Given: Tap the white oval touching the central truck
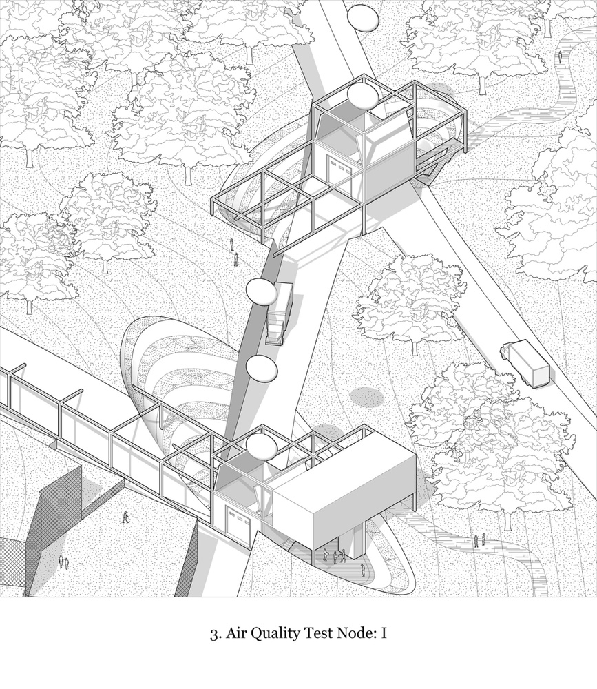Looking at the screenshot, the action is click(x=261, y=291).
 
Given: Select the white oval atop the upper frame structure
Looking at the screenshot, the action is click(x=362, y=96).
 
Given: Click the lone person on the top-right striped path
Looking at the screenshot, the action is click(x=560, y=56).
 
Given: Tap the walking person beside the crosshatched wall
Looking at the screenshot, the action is click(x=126, y=517).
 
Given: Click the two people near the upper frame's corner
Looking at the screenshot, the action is click(x=233, y=253).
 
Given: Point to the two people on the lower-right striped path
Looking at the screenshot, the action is click(x=479, y=540).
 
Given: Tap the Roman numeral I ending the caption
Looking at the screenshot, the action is click(x=384, y=634).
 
